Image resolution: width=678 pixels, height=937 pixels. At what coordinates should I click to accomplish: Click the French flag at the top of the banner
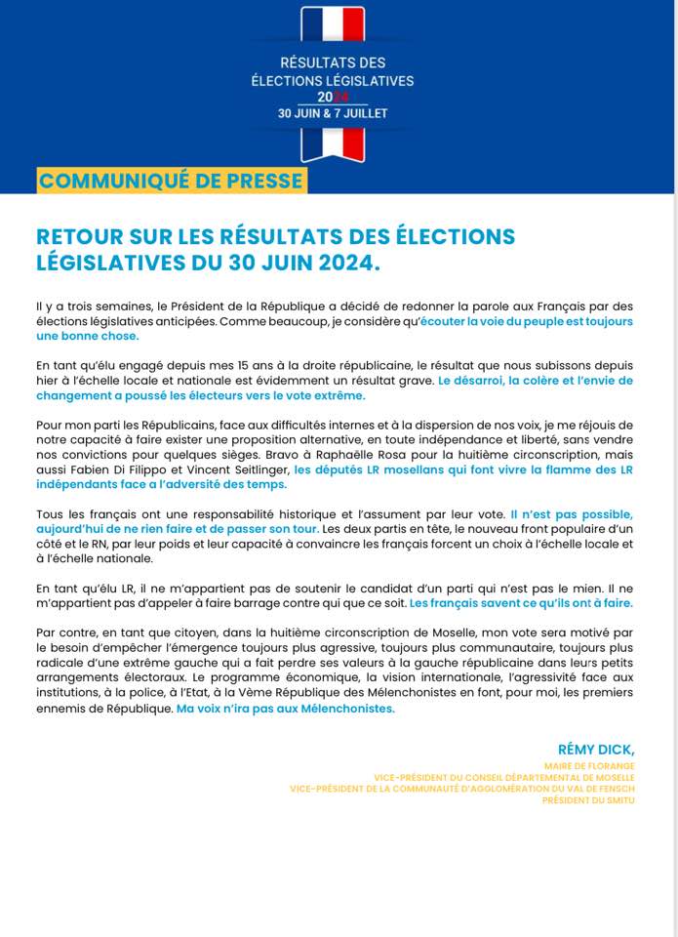pyautogui.click(x=333, y=23)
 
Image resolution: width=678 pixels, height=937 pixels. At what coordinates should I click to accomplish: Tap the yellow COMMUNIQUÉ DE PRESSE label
pyautogui.click(x=171, y=181)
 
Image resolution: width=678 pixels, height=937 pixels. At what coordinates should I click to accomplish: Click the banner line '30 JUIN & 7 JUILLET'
pyautogui.click(x=333, y=113)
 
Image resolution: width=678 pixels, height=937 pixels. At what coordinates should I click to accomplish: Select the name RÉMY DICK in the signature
pyautogui.click(x=595, y=749)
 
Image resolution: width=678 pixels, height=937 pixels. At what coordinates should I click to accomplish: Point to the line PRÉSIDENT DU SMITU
pyautogui.click(x=588, y=800)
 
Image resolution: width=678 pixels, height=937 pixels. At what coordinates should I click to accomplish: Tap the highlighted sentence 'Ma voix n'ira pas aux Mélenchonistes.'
pyautogui.click(x=285, y=709)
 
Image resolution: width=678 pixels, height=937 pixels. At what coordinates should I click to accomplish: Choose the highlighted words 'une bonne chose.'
pyautogui.click(x=87, y=336)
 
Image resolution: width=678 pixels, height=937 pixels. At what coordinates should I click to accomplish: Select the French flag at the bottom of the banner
pyautogui.click(x=333, y=143)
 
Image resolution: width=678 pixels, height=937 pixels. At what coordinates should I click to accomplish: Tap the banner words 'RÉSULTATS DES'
pyautogui.click(x=333, y=63)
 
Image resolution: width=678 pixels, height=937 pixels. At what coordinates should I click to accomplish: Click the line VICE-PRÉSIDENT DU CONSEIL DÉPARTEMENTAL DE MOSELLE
pyautogui.click(x=503, y=778)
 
